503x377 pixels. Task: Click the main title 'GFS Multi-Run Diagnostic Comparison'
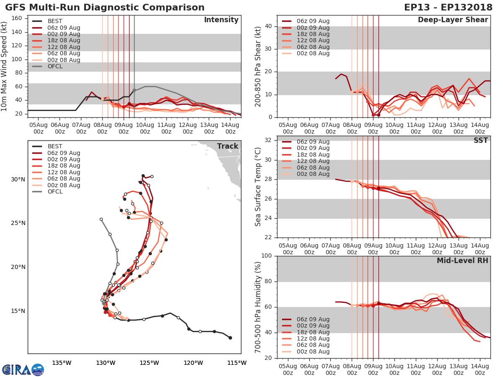(x=105, y=8)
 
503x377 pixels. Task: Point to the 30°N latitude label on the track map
(x=18, y=179)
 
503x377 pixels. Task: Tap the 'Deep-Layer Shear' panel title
(x=453, y=20)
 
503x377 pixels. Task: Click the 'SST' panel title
(x=481, y=140)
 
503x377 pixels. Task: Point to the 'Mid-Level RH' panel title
(x=462, y=261)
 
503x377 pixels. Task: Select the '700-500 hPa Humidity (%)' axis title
(x=258, y=307)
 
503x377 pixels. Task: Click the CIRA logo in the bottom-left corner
(x=23, y=369)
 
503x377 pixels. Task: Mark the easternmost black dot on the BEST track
(x=230, y=338)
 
